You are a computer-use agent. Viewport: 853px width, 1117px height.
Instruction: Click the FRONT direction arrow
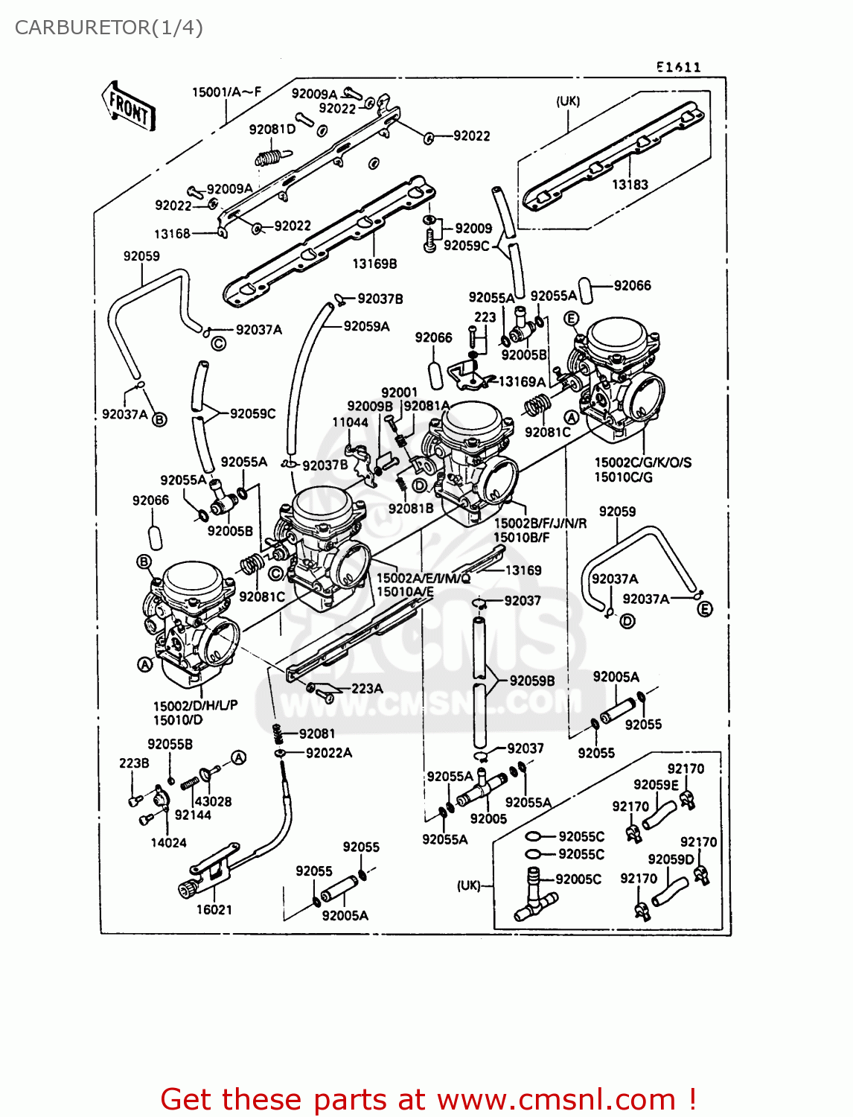pos(129,106)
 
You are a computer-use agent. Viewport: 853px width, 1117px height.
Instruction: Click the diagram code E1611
pos(678,67)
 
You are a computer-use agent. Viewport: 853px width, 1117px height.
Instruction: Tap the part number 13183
pos(630,184)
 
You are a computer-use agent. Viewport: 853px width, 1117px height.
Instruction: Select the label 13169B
pos(374,264)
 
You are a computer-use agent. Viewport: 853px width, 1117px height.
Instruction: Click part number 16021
pos(214,909)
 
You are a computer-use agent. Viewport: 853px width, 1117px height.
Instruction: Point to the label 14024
pos(168,842)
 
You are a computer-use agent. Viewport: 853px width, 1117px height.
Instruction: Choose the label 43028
pos(213,801)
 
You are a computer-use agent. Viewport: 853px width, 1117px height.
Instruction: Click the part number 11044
pos(350,422)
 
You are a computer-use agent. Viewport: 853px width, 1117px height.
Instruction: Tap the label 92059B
pos(532,681)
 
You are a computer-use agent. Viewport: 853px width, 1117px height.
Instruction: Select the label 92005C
pos(578,879)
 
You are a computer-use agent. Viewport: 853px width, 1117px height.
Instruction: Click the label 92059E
pos(656,784)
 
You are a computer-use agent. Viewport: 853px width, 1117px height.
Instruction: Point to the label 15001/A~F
pos(226,92)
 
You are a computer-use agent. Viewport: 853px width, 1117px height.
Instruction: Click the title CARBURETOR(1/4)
pos(109,28)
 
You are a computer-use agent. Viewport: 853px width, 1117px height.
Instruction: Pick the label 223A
pos(367,688)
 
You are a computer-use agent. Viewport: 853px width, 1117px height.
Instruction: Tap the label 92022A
pos(329,753)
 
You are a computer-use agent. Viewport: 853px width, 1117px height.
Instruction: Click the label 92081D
pos(272,129)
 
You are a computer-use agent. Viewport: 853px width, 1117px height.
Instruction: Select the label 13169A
pos(522,381)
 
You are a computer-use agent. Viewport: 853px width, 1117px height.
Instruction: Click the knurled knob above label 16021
pos(187,888)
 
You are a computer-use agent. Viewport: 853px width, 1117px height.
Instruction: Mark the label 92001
pos(399,392)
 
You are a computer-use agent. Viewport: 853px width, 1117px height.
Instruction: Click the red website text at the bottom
pos(428,1099)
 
